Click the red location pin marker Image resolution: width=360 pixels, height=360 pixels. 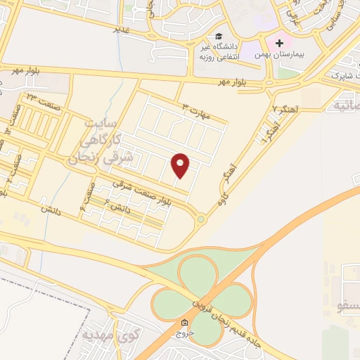[181, 165]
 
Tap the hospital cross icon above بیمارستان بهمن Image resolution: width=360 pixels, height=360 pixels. [279, 43]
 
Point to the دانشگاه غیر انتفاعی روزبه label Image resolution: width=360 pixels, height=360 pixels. [221, 51]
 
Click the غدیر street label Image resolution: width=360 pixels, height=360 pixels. [122, 30]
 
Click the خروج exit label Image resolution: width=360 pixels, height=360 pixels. [184, 335]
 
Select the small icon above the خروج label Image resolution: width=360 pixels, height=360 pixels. [184, 323]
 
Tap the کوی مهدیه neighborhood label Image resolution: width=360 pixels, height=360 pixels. [98, 335]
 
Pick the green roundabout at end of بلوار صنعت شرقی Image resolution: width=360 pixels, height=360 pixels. [201, 219]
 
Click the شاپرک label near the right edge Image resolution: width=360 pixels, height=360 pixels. [335, 74]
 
